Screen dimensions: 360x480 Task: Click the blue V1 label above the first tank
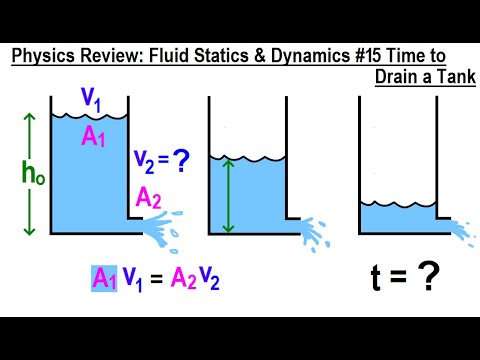[x=91, y=100]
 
